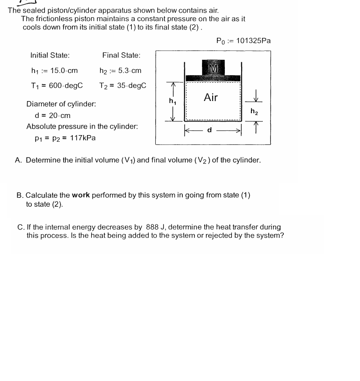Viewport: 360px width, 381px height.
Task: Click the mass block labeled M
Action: tap(213, 67)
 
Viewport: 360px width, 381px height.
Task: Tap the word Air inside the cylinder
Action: tap(211, 97)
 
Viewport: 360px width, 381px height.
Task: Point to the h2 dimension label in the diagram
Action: tap(254, 111)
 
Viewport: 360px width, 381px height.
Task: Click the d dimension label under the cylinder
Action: tap(209, 130)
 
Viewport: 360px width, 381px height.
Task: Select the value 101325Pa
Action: tap(253, 41)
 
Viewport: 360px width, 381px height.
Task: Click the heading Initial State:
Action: tap(50, 55)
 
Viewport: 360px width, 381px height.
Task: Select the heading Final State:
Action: tap(121, 55)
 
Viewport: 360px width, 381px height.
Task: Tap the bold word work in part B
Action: tap(80, 195)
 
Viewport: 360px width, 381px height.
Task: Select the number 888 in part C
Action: tap(152, 227)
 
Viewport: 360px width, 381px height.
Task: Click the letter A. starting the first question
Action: tap(19, 160)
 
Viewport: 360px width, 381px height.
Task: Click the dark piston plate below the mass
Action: tap(213, 78)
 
